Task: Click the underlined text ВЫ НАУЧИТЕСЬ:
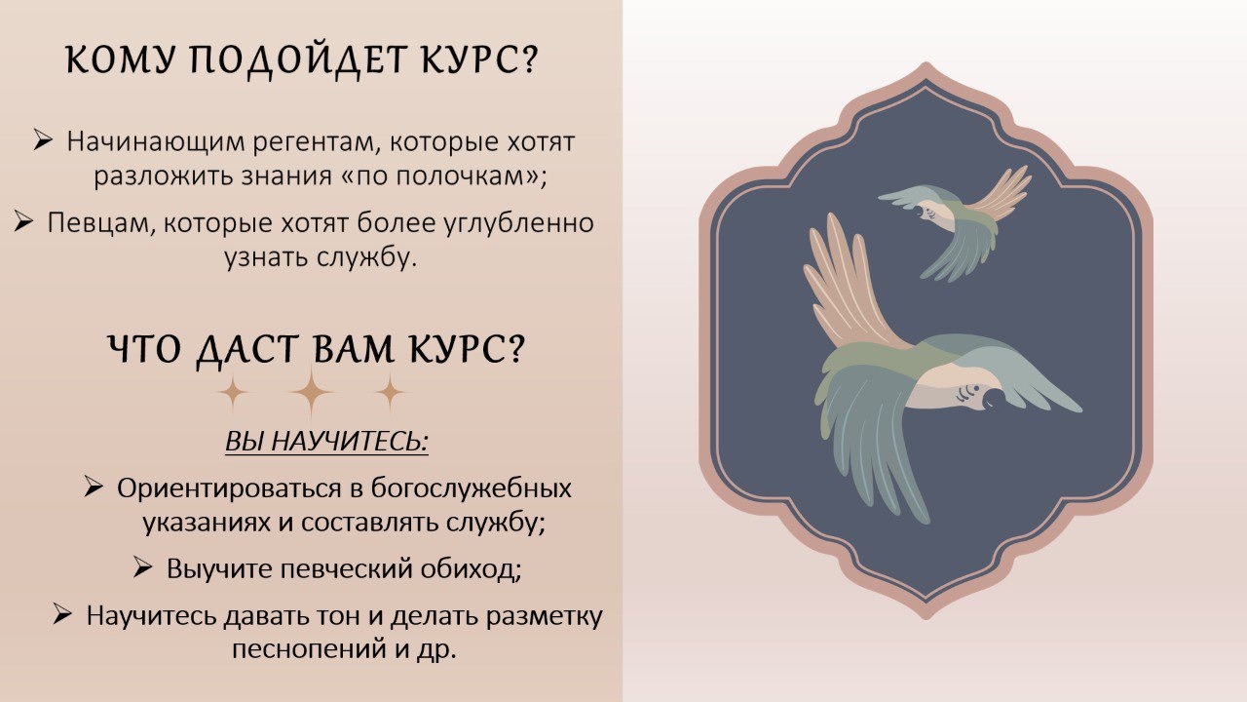326,442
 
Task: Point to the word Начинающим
156,143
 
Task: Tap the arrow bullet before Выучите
143,567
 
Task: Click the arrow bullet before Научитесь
62,614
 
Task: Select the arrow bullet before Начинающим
43,139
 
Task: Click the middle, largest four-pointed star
311,392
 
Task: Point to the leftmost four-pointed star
232,392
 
